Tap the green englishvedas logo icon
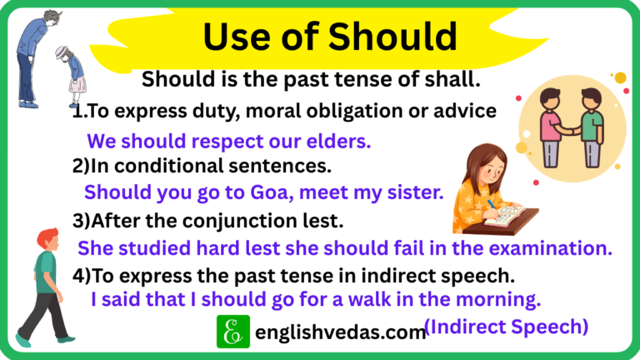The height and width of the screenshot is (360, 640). click(233, 332)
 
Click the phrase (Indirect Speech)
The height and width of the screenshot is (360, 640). click(506, 326)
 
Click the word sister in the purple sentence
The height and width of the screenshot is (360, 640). click(414, 192)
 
